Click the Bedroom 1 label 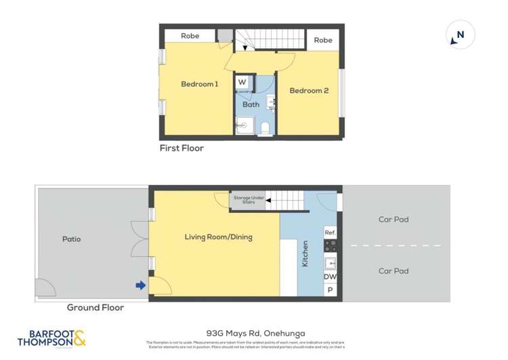click(x=199, y=84)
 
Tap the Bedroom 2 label click(x=309, y=90)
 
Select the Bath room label click(x=251, y=104)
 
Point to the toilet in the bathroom click(x=265, y=127)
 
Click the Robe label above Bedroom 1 click(x=190, y=35)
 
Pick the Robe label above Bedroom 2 click(x=323, y=40)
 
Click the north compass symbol click(x=460, y=35)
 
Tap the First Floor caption click(x=182, y=148)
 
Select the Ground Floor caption click(x=95, y=307)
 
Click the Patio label click(x=71, y=239)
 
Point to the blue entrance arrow click(x=140, y=285)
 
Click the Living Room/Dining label click(x=218, y=237)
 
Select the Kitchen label click(x=305, y=253)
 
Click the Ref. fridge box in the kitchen click(x=330, y=232)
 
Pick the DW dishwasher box click(x=330, y=277)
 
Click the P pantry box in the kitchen click(x=330, y=290)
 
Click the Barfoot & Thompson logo click(x=52, y=338)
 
